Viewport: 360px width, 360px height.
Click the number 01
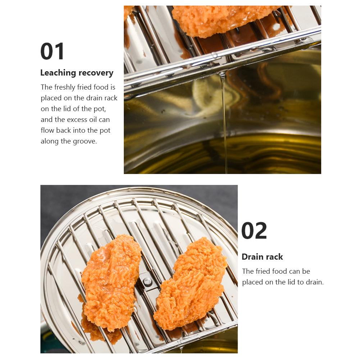53,51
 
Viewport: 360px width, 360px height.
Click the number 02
254,231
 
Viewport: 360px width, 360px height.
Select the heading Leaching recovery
77,73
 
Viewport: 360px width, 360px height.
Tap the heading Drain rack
262,257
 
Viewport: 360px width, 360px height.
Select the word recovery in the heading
96,73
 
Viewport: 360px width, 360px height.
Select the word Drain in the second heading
252,257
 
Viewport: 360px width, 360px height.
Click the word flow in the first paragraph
47,130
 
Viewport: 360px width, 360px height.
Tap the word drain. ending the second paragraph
314,282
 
